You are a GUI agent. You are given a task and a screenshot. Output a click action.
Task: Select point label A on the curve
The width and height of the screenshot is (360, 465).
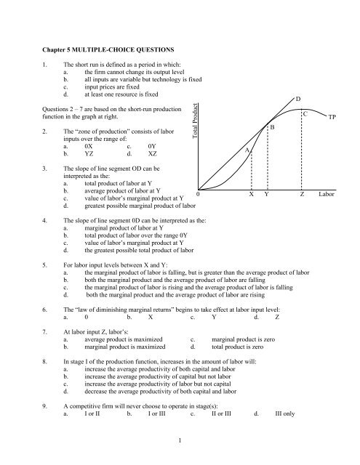247,149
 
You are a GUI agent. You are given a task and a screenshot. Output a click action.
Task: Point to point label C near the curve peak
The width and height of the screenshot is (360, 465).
306,115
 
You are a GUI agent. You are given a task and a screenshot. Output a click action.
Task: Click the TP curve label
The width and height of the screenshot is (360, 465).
332,117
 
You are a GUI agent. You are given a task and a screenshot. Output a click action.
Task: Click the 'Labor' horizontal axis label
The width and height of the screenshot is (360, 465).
328,195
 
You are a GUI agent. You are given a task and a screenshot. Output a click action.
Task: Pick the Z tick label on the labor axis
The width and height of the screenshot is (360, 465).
303,195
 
